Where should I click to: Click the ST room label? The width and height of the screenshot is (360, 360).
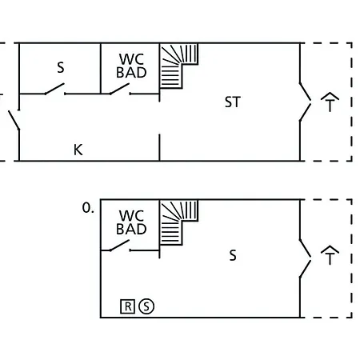click(x=233, y=102)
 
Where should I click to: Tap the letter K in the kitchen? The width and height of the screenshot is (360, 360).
click(x=78, y=150)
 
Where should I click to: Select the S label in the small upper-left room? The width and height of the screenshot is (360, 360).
click(x=61, y=67)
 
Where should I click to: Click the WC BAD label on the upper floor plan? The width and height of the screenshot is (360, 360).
click(x=131, y=66)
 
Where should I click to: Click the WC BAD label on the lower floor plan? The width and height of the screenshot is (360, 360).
click(x=131, y=222)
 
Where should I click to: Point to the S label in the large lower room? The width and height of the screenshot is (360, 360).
click(x=233, y=255)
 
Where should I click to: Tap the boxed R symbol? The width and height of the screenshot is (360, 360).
click(x=128, y=306)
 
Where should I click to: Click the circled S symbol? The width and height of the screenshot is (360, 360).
click(x=146, y=306)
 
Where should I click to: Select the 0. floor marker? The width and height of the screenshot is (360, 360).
click(x=88, y=208)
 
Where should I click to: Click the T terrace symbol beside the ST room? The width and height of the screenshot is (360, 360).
click(x=330, y=102)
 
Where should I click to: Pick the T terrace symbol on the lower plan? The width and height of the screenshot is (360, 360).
click(x=330, y=255)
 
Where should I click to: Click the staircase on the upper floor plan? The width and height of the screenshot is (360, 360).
click(x=178, y=66)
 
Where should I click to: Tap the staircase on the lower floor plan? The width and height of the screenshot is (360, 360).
click(x=178, y=222)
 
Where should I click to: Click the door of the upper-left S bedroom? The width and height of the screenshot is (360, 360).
click(x=54, y=89)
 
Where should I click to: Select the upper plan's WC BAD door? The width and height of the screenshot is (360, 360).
click(x=120, y=89)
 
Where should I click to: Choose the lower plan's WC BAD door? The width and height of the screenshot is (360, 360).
click(x=120, y=246)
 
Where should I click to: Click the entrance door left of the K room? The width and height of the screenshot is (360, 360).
click(x=14, y=119)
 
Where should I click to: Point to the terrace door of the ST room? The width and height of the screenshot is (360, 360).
click(x=305, y=102)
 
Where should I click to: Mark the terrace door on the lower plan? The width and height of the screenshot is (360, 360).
click(x=305, y=258)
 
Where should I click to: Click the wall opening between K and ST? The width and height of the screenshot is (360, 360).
click(x=159, y=118)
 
